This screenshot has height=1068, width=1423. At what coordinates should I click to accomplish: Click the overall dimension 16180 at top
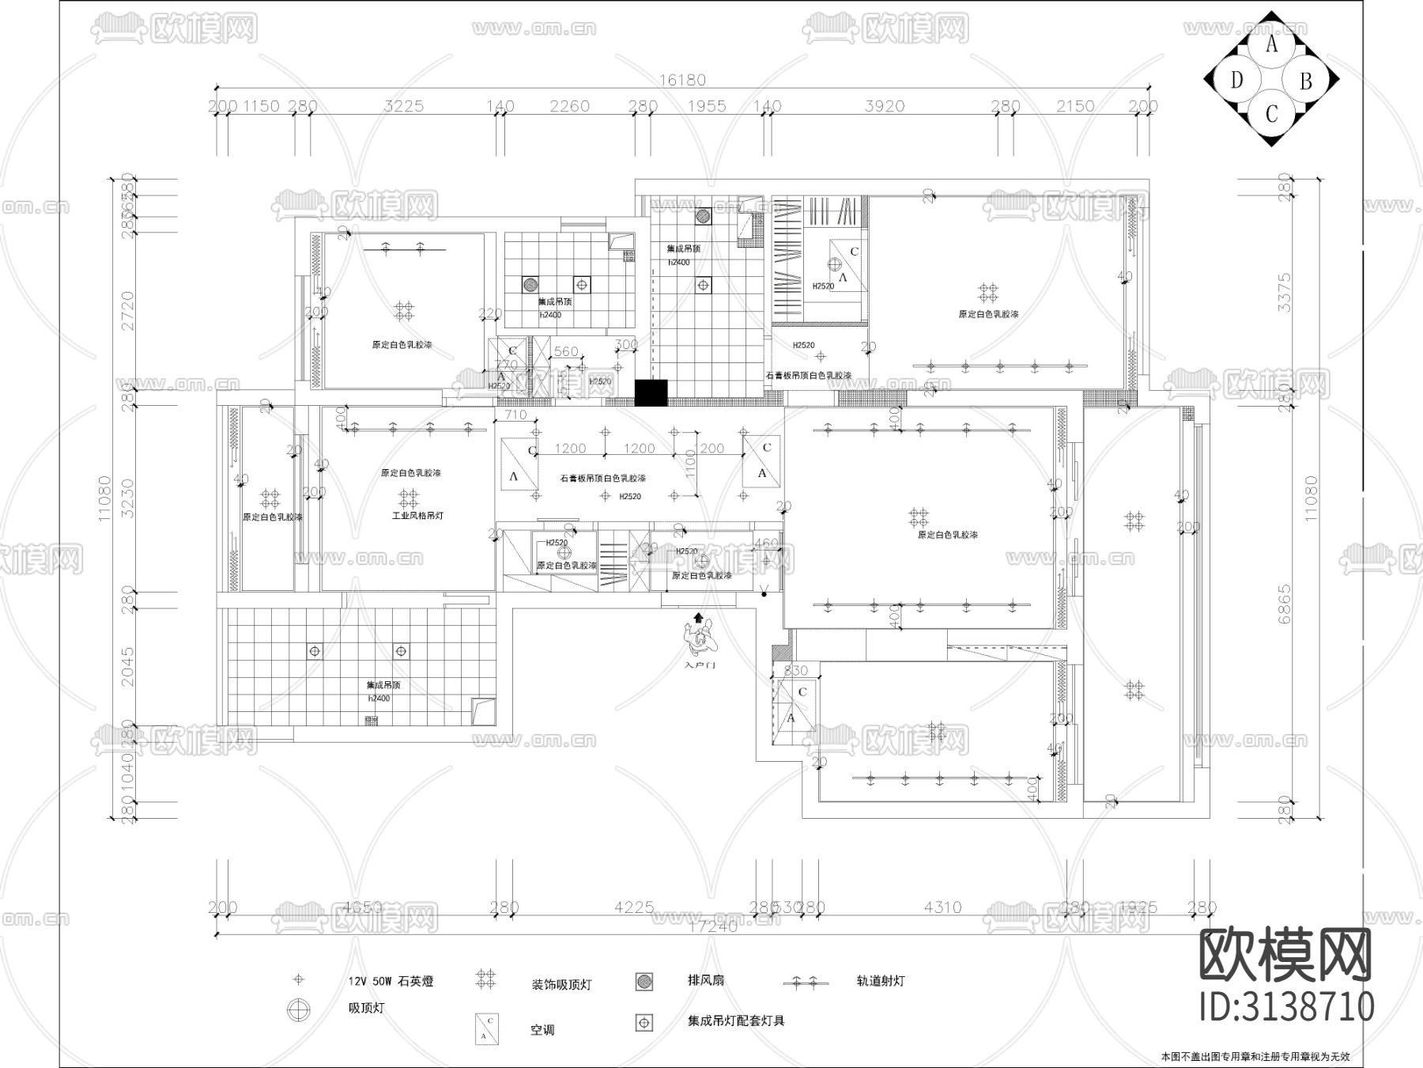tap(681, 80)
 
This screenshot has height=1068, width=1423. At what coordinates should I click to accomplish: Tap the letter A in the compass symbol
tap(1272, 44)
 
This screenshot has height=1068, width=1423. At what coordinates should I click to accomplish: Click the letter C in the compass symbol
tap(1271, 115)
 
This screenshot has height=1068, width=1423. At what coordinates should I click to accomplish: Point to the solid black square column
tap(651, 393)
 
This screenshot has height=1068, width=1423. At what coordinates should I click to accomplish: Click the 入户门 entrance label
tap(700, 665)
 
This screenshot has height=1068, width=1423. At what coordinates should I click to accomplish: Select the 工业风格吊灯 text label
tap(418, 516)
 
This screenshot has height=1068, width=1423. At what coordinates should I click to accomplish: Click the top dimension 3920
tap(884, 106)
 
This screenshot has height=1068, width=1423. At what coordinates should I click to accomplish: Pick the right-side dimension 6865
tap(1285, 604)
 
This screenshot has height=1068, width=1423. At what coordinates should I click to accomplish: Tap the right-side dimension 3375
tap(1285, 292)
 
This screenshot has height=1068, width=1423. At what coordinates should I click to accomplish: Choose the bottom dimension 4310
tap(942, 907)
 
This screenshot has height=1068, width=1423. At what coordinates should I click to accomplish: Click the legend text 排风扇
tap(705, 980)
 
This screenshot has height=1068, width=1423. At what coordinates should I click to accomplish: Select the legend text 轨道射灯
tap(880, 980)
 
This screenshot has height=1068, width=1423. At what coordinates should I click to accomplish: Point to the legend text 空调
tap(542, 1031)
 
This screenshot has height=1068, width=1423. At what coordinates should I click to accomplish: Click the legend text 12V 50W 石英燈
tap(391, 982)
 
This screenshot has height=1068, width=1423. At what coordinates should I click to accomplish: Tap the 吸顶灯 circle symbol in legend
tap(299, 1009)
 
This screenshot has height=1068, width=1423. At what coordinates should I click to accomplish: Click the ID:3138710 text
tap(1287, 1007)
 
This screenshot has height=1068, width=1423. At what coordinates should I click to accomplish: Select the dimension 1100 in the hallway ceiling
tap(690, 463)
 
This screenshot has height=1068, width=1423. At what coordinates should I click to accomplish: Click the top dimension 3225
tap(404, 106)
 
